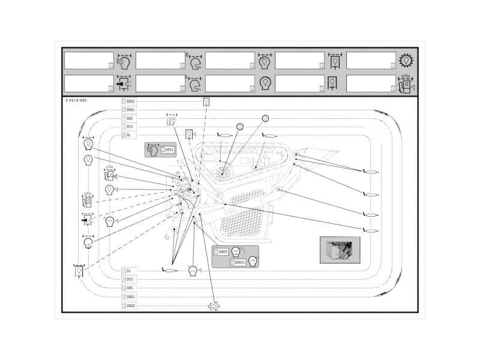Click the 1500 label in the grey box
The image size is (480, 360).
[x=167, y=150]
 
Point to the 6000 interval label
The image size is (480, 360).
[x=221, y=251]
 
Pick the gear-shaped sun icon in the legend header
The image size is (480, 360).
[x=407, y=61]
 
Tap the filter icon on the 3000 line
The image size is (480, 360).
[x=213, y=305]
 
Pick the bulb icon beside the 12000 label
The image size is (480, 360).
[x=253, y=262]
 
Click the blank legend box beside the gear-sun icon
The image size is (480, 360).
[x=371, y=61]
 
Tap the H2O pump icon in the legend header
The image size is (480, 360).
[x=406, y=84]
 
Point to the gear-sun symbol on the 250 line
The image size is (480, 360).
[x=239, y=127]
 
